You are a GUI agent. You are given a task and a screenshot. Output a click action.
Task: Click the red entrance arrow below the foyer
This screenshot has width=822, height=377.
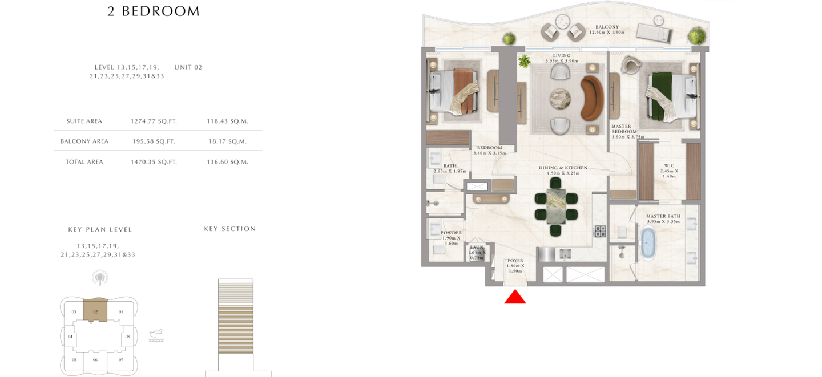click(x=515, y=297)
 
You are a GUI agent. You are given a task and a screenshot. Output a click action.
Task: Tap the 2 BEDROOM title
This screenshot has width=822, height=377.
click(x=154, y=11)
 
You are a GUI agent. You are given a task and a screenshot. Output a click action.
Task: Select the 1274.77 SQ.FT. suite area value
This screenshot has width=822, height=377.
click(x=154, y=121)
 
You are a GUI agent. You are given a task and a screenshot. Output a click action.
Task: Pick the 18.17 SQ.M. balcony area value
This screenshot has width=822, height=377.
click(x=228, y=141)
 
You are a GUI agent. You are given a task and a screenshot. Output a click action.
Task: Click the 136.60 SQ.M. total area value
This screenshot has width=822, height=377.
click(x=228, y=162)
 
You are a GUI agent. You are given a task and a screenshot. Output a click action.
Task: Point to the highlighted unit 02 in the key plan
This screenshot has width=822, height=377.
click(x=95, y=310)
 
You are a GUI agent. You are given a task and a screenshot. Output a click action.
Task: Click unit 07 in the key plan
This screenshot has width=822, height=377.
click(x=121, y=360)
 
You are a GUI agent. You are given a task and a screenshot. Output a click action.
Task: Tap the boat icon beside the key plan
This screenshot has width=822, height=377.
click(x=156, y=335)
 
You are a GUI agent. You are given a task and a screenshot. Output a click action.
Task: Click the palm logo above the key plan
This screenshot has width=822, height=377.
click(x=100, y=278)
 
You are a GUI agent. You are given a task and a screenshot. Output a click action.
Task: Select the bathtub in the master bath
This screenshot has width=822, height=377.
click(x=648, y=242)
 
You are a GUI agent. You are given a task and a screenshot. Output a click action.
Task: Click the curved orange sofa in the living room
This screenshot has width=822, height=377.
click(x=592, y=98)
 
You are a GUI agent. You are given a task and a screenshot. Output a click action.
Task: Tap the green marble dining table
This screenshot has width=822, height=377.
click(x=556, y=206)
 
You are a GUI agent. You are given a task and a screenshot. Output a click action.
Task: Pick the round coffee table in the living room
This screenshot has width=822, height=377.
click(x=560, y=99)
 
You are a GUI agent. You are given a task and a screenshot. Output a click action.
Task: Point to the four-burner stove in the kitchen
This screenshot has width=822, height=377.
click(x=600, y=231)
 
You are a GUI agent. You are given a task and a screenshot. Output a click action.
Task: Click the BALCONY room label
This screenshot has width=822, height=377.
click(x=607, y=27)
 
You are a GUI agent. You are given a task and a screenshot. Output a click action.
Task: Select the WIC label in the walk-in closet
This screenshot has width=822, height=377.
click(x=669, y=165)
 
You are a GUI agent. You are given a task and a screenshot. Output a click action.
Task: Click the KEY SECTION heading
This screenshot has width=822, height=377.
click(x=229, y=229)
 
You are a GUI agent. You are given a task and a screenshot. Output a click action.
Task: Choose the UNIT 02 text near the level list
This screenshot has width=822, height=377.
click(x=188, y=67)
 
